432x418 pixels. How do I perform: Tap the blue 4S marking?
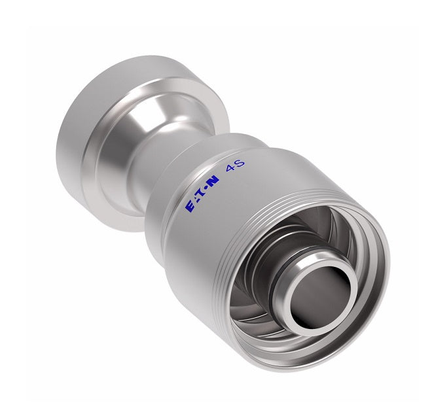point(235,169)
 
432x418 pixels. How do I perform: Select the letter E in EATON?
point(190,206)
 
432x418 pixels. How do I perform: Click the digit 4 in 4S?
point(230,171)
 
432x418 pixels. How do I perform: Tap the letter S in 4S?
point(240,166)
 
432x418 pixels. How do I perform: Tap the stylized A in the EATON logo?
point(196,201)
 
